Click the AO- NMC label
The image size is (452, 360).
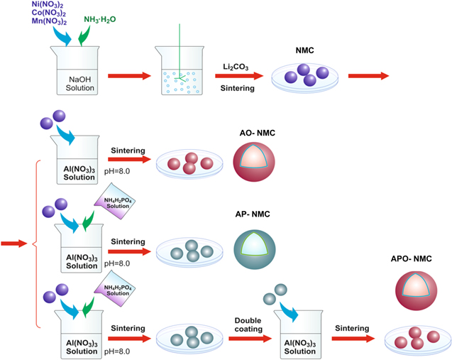pos(255,133)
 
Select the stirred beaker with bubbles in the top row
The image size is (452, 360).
pos(182,71)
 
